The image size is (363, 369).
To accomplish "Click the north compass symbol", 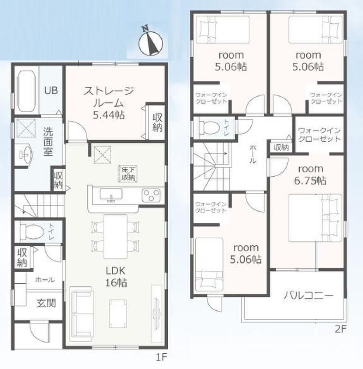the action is (151, 42).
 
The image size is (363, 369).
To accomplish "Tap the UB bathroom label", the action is (51, 90).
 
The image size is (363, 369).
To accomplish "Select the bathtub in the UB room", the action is (26, 90).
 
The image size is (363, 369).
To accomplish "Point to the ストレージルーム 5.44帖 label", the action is (109, 103).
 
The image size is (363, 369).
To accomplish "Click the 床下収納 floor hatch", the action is (128, 174).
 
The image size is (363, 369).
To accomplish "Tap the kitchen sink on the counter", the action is (111, 194).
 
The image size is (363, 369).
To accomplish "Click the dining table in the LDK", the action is (115, 237).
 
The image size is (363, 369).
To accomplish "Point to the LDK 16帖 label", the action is (115, 276).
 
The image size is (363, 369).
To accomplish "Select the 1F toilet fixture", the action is (32, 232).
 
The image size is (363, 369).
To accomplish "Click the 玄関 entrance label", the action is (46, 303).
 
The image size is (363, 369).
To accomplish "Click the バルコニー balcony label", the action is (309, 295).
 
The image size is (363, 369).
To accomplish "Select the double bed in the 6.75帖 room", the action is (315, 218).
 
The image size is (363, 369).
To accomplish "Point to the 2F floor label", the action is (341, 329).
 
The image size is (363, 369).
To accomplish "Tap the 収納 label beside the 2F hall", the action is (281, 148).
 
